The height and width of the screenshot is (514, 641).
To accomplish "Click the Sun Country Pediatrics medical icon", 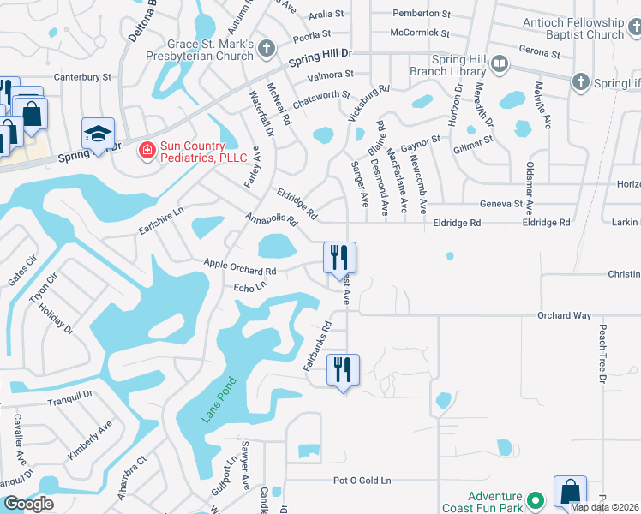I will tap(147, 152).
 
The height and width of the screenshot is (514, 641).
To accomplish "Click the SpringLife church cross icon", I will tap(580, 82).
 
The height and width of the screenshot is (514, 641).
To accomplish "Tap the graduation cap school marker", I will tap(98, 134).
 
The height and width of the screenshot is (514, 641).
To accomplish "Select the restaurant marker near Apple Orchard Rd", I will tap(339, 256).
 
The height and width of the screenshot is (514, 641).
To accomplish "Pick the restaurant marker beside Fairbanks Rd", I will tap(342, 369).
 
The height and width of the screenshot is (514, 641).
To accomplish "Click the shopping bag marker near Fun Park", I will tap(570, 492).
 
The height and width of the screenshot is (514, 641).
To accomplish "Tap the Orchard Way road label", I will tap(564, 316).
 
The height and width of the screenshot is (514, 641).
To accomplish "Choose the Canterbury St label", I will tap(83, 76).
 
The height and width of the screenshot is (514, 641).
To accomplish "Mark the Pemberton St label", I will tap(421, 14).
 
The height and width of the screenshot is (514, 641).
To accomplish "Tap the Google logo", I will tap(27, 504).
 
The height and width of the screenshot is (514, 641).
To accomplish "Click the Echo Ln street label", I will tap(249, 289).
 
